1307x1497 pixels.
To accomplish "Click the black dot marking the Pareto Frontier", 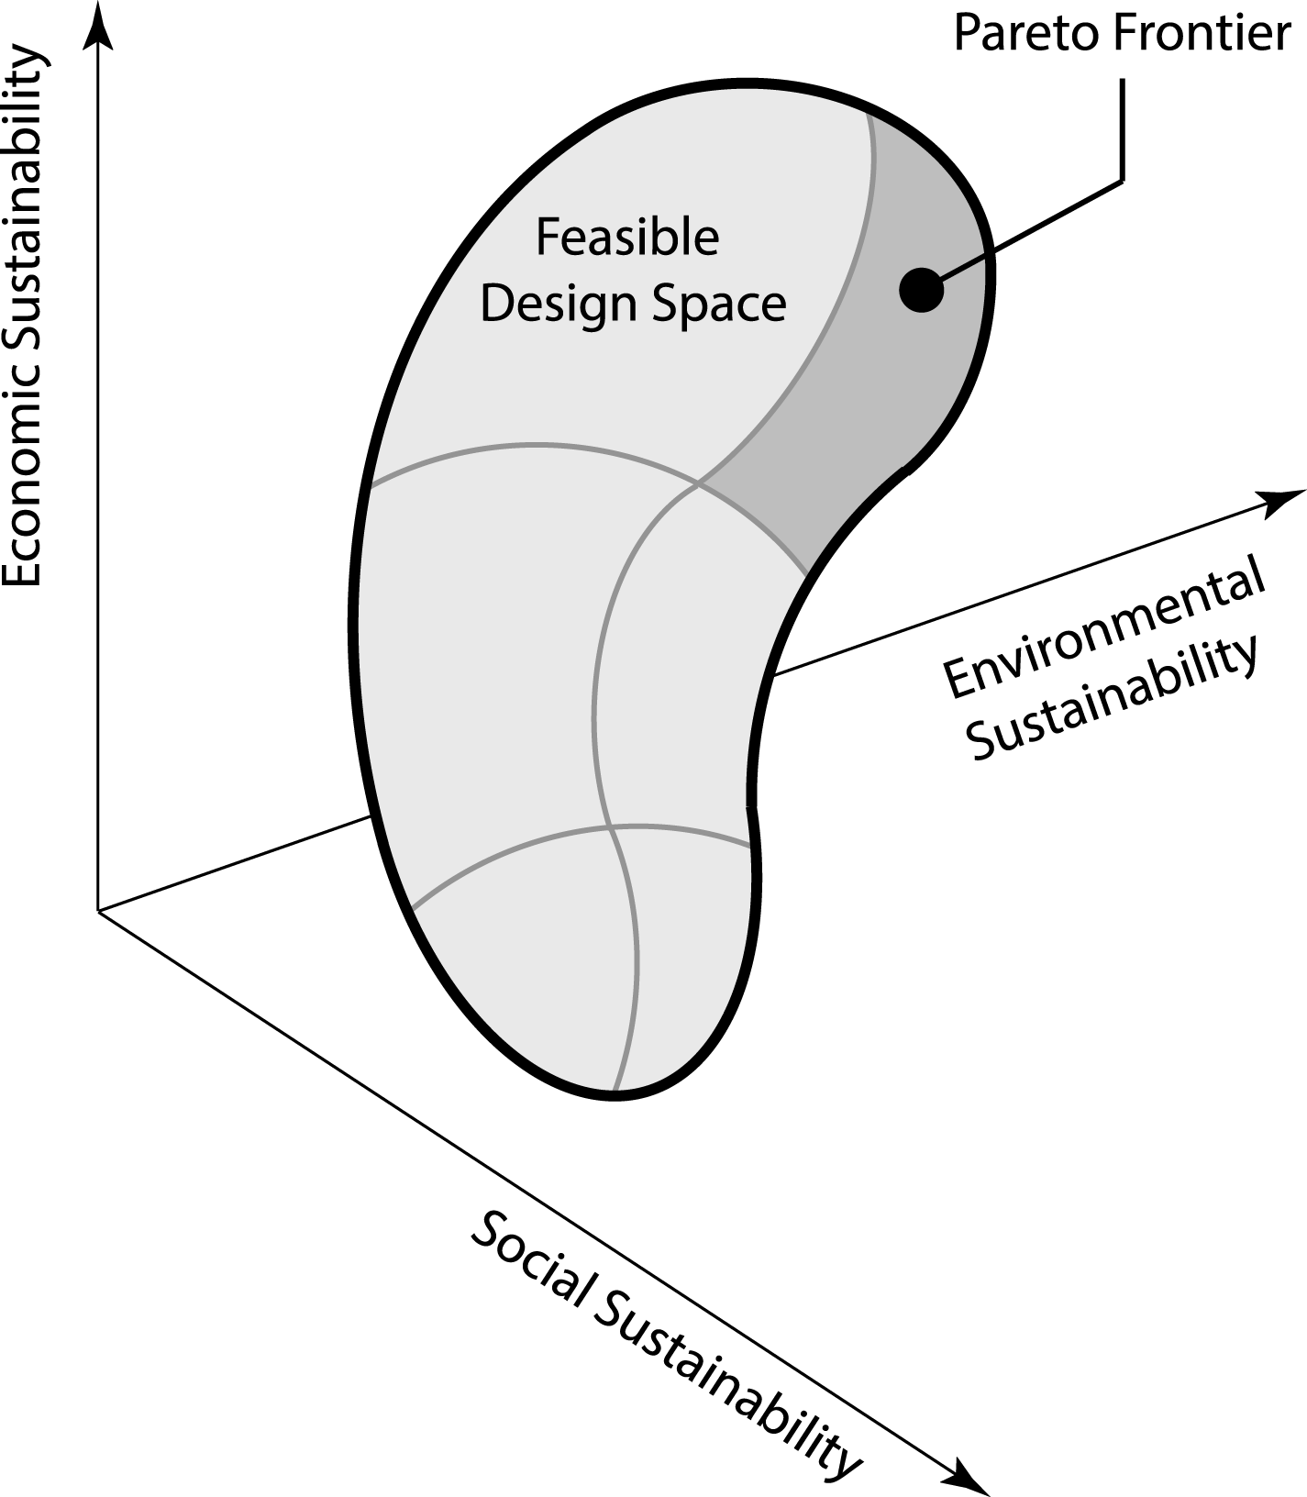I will point(921,290).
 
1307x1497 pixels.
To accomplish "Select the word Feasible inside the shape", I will point(627,238).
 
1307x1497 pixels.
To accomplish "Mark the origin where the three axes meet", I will point(98,910).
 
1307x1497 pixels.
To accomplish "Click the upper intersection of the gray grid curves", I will point(700,482).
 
